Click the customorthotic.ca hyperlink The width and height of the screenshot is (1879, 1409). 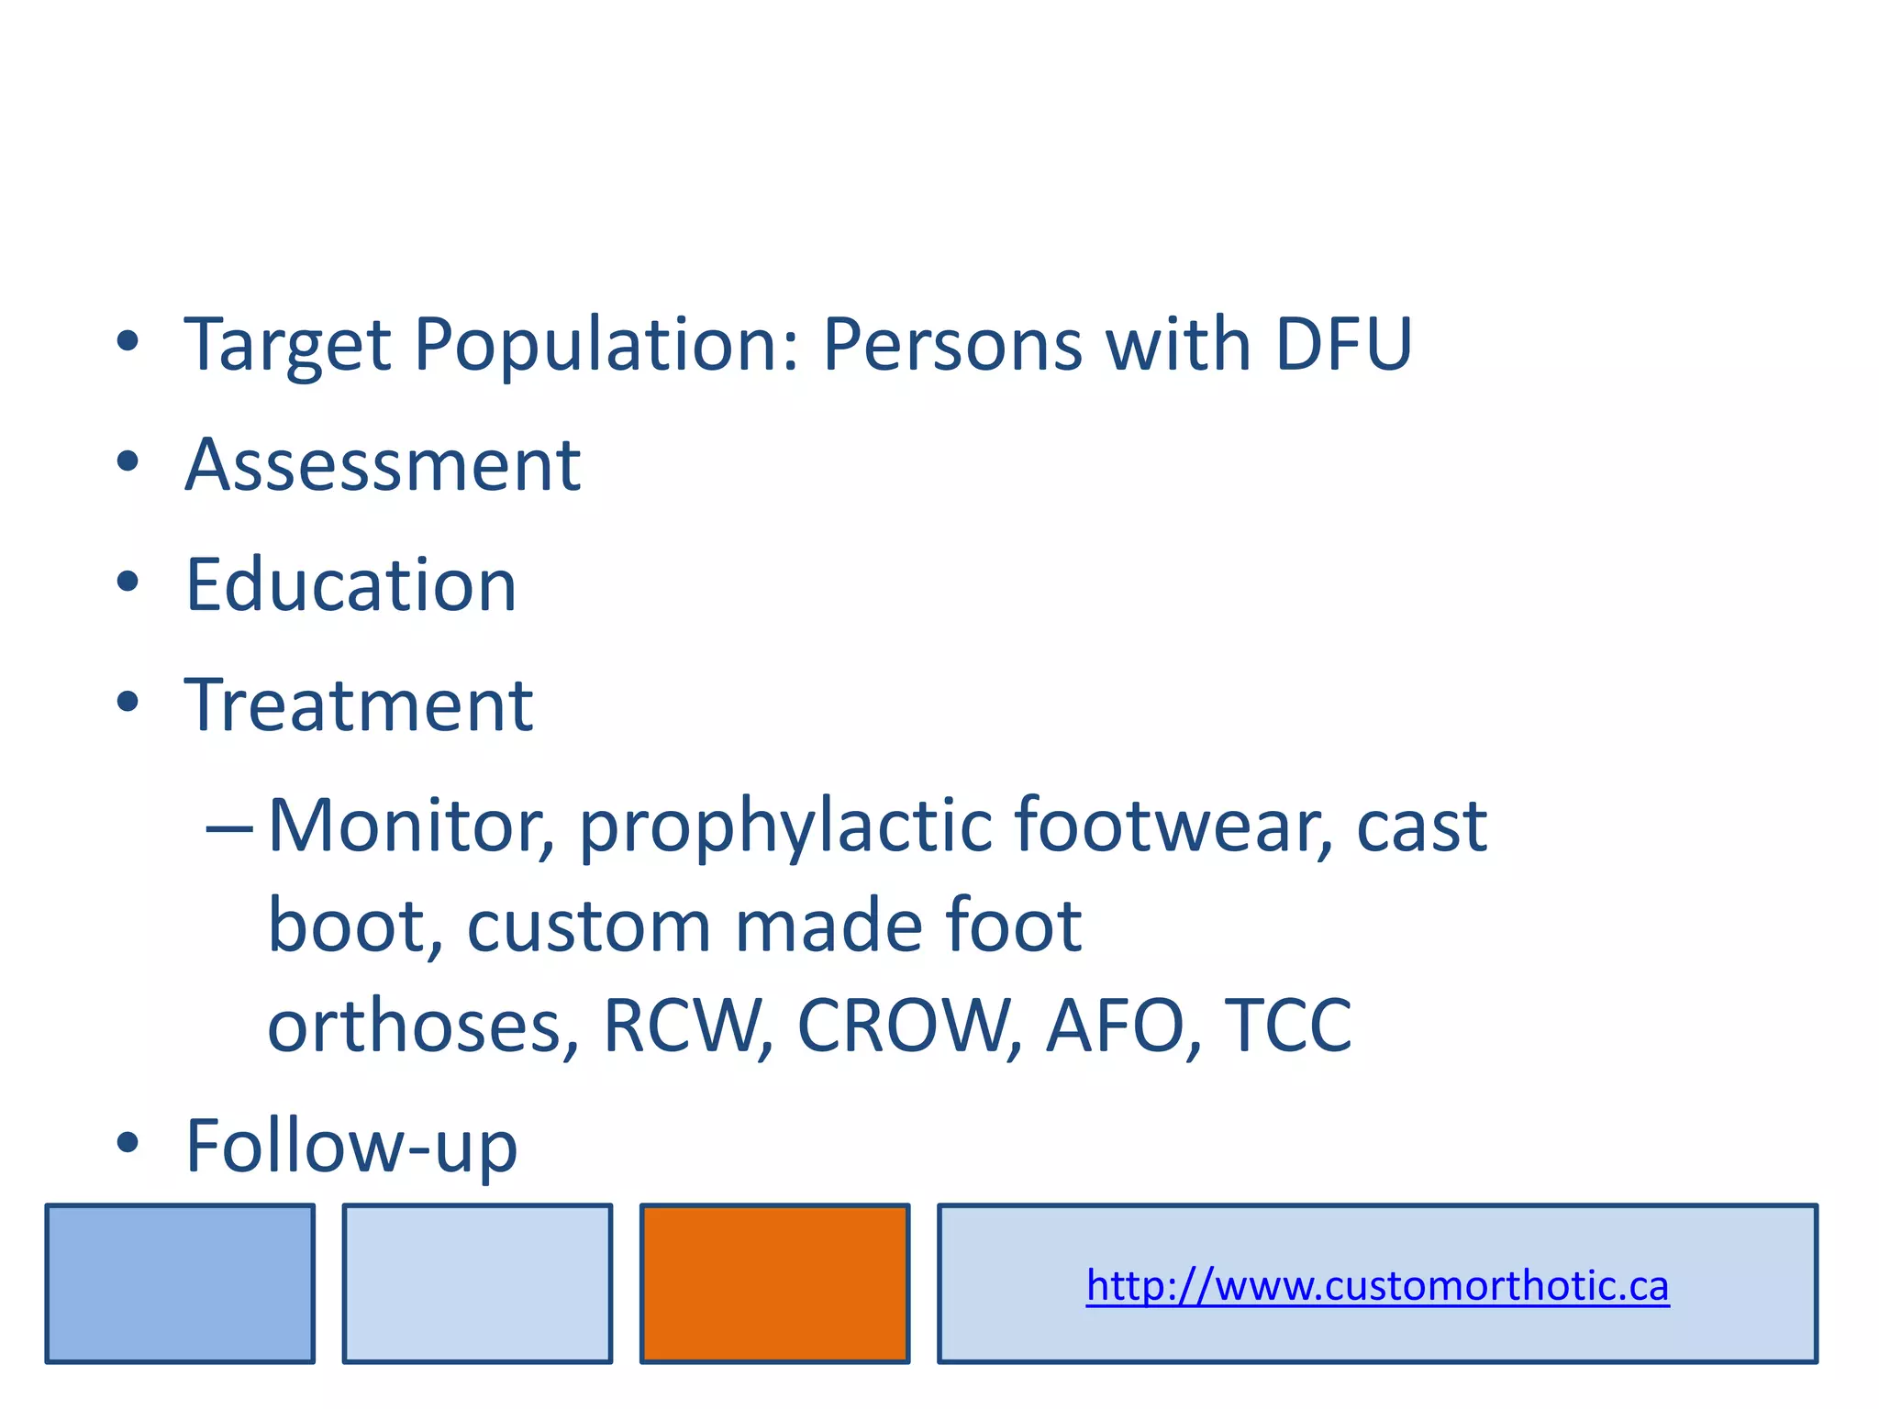point(1377,1285)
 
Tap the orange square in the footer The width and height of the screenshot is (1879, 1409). point(774,1283)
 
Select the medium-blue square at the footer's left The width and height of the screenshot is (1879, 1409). point(180,1283)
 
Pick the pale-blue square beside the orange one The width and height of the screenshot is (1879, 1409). point(477,1283)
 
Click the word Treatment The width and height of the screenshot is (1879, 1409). point(359,704)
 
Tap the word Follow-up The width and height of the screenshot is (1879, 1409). point(351,1146)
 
